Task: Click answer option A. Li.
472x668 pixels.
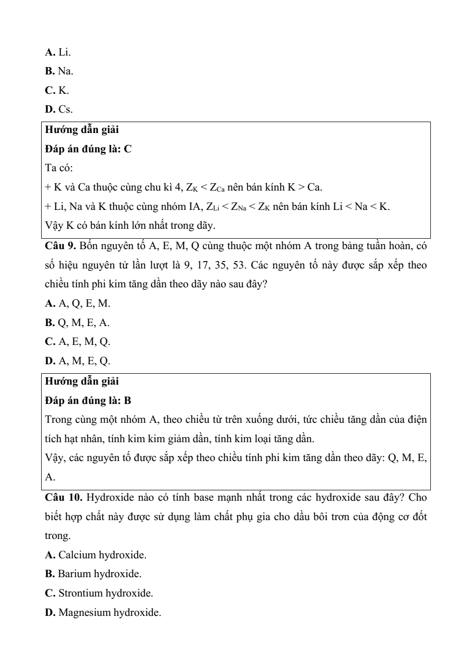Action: [x=58, y=52]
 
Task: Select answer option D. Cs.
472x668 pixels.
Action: [x=59, y=109]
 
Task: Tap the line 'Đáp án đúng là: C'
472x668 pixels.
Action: [x=88, y=149]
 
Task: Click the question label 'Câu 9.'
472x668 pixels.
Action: [x=60, y=246]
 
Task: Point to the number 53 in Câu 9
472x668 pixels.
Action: [x=239, y=265]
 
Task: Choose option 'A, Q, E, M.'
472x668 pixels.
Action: [x=78, y=303]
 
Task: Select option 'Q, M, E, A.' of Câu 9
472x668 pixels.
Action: [x=77, y=323]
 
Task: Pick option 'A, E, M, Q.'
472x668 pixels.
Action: [x=78, y=341]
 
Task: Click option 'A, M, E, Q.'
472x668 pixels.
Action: [x=78, y=361]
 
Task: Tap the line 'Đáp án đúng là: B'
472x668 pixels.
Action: [x=88, y=401]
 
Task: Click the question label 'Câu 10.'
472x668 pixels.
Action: [x=63, y=497]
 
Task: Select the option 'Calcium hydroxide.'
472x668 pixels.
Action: [x=96, y=555]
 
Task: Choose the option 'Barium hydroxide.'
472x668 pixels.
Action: [x=93, y=574]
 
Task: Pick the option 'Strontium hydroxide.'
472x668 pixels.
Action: [x=99, y=593]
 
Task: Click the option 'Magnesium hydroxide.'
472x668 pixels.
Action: [x=103, y=612]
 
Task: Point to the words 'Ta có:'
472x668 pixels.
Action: [x=59, y=168]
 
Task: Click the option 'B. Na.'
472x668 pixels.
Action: [x=59, y=71]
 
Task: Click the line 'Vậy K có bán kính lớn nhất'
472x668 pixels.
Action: [x=130, y=226]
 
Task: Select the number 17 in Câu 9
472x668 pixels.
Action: [x=202, y=265]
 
